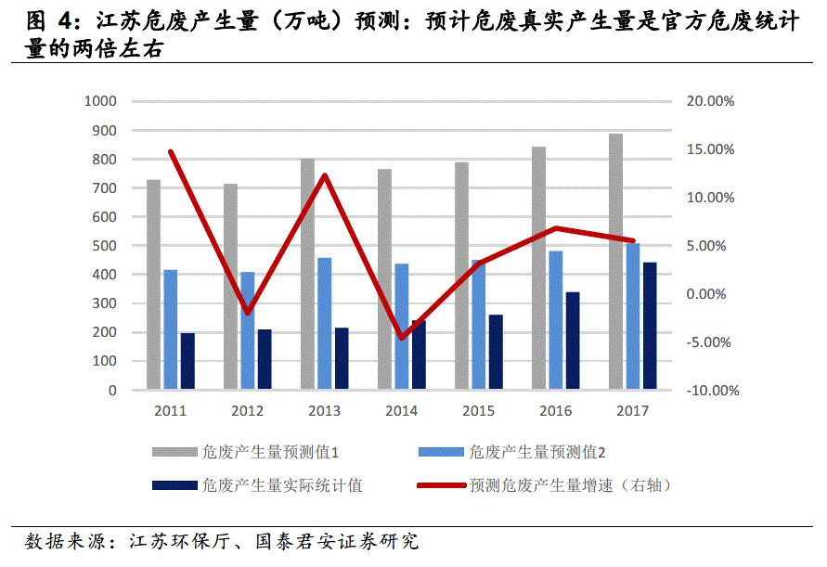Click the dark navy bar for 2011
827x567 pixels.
187,361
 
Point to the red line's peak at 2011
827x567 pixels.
171,151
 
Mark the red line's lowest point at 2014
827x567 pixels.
402,338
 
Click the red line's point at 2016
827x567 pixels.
555,228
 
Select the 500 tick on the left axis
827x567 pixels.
104,246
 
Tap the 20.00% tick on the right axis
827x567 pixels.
710,101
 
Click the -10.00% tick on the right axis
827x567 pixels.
710,391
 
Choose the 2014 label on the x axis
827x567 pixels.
402,410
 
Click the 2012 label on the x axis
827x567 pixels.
247,410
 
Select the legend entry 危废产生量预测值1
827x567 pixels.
269,453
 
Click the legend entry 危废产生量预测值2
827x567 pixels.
537,453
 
